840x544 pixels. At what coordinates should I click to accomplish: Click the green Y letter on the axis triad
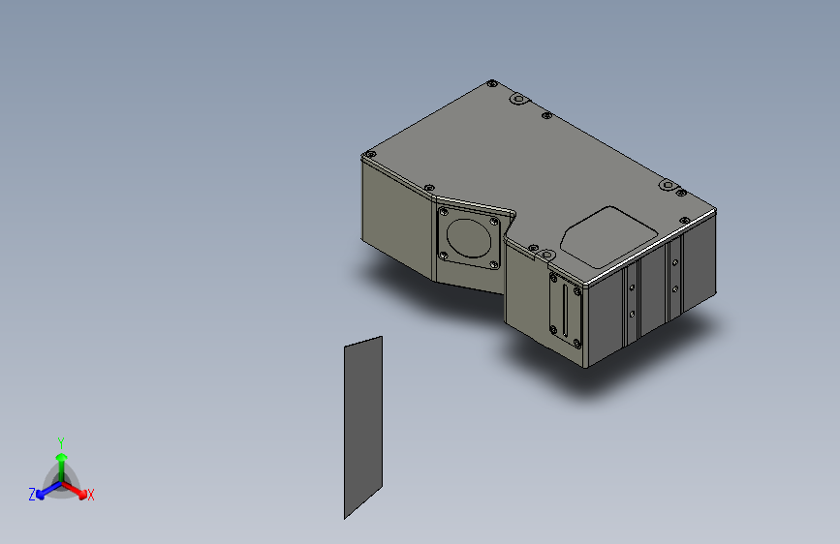pyautogui.click(x=61, y=441)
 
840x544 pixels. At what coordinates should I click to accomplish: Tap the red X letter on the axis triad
pyautogui.click(x=91, y=495)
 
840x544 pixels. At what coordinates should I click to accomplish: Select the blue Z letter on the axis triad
pyautogui.click(x=32, y=494)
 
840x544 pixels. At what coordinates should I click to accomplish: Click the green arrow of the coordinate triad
pyautogui.click(x=61, y=459)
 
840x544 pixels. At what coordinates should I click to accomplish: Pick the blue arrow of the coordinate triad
pyautogui.click(x=45, y=489)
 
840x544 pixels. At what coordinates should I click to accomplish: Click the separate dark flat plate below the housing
pyautogui.click(x=363, y=426)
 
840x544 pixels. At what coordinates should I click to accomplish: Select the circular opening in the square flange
pyautogui.click(x=470, y=235)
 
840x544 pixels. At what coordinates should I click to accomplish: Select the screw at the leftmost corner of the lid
pyautogui.click(x=368, y=155)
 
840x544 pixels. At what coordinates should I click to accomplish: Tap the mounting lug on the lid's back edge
pyautogui.click(x=517, y=99)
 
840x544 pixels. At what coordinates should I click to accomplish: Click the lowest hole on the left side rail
pyautogui.click(x=632, y=314)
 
